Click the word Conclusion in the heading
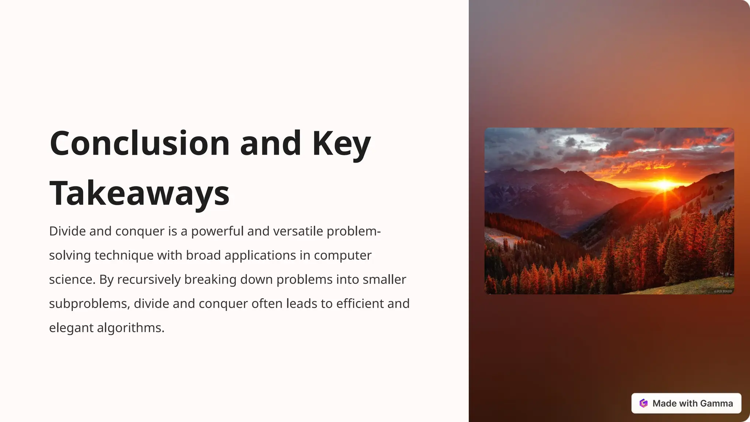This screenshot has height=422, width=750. tap(140, 143)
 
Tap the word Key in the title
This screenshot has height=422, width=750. tap(341, 144)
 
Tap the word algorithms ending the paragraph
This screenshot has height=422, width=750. tap(130, 328)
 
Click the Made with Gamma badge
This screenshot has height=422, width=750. tap(686, 403)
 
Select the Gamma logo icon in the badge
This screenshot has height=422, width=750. tap(643, 403)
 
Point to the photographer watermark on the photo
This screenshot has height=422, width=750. tap(723, 291)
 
